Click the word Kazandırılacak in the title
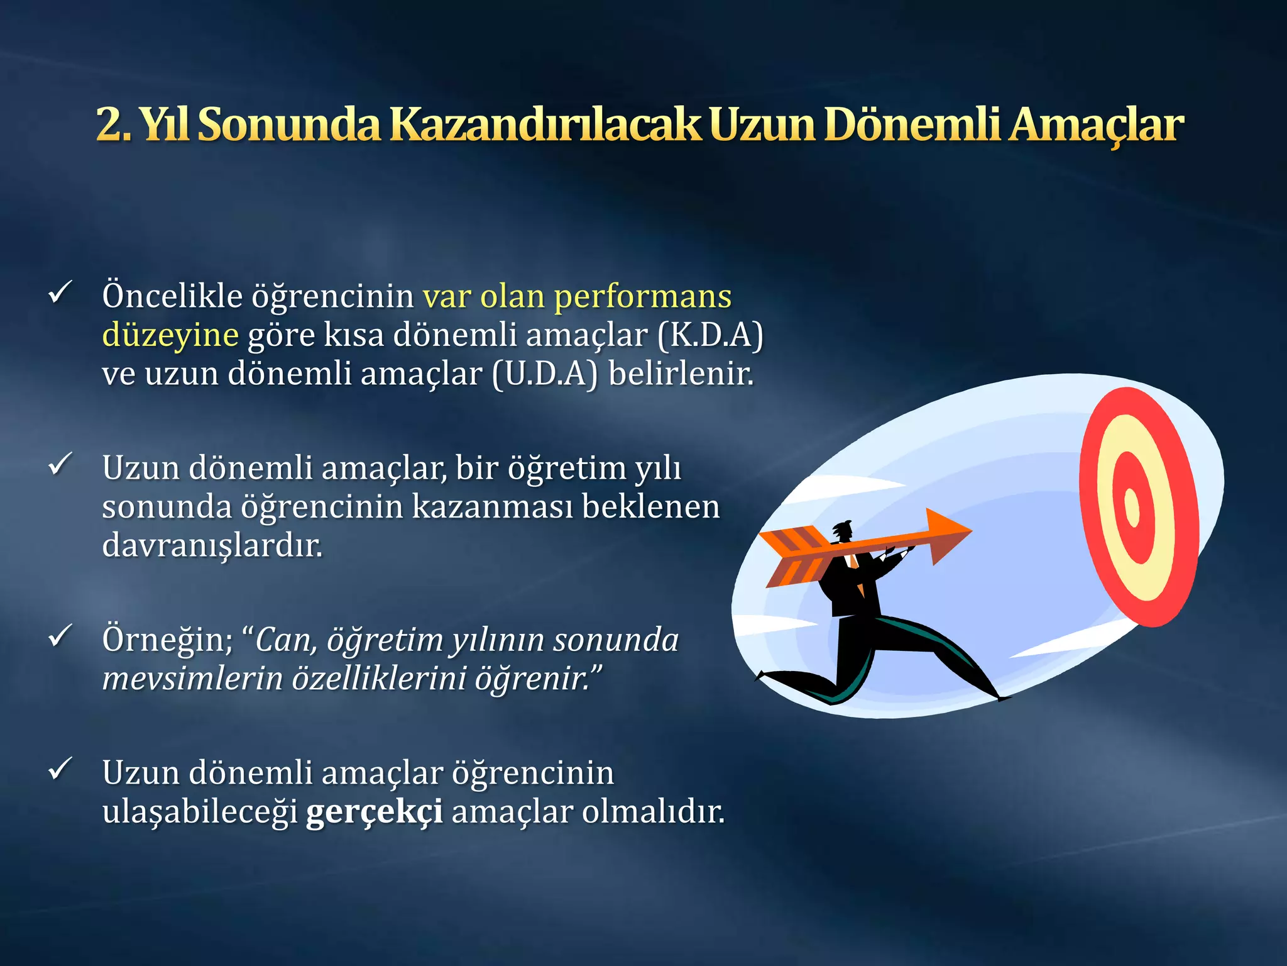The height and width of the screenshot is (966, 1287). click(545, 125)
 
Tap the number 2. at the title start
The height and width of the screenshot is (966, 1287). click(113, 125)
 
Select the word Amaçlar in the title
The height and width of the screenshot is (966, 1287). click(1097, 125)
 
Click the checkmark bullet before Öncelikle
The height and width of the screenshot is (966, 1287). click(60, 292)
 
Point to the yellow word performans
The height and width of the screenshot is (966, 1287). click(642, 297)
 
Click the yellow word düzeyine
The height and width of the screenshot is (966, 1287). click(170, 335)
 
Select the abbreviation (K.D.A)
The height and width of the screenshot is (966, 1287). click(710, 335)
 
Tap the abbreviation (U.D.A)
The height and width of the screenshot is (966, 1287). click(544, 374)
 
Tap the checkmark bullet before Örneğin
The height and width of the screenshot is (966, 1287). click(60, 636)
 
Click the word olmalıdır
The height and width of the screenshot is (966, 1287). click(653, 811)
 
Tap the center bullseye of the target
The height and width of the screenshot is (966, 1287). click(1132, 507)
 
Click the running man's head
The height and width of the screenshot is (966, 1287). click(843, 531)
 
